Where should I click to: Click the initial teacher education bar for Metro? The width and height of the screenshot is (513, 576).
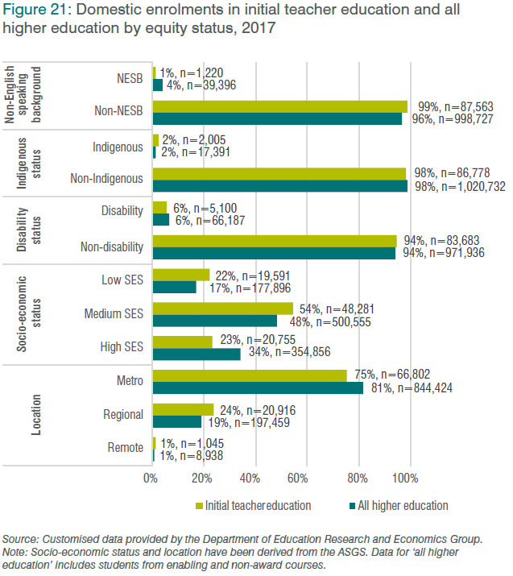(250, 375)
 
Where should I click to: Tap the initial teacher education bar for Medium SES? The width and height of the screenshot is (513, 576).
(223, 309)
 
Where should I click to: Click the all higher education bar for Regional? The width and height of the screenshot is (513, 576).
(177, 421)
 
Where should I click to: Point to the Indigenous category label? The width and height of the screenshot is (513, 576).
(118, 147)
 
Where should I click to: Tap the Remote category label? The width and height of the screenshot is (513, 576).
(124, 449)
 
